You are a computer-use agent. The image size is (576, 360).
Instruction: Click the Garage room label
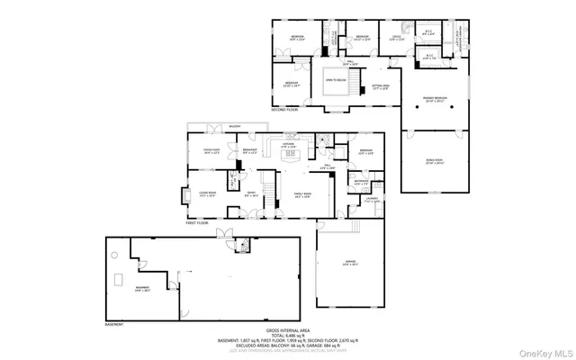350,265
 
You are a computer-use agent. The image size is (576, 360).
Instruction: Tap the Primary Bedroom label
435,101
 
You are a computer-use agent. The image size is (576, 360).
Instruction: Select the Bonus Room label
435,162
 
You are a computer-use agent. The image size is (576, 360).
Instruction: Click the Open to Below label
336,80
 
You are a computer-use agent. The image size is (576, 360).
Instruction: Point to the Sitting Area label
380,87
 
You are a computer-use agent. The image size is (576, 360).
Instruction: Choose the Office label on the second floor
395,38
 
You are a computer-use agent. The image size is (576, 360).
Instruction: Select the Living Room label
208,193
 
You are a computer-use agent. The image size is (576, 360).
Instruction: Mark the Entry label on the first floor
252,193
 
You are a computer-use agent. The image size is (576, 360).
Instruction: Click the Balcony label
235,127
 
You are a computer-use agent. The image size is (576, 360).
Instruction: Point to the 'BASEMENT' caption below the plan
113,322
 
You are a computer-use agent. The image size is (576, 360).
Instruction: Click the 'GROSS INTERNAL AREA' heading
289,329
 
